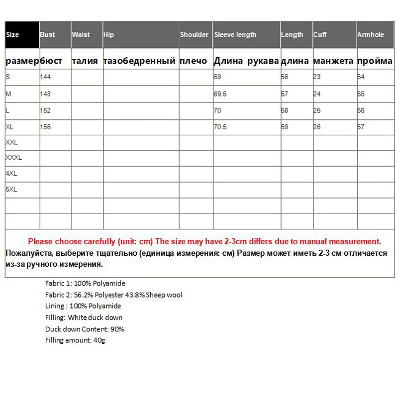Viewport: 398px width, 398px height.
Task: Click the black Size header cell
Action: (x=22, y=35)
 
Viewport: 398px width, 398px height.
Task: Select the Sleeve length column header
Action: (x=235, y=35)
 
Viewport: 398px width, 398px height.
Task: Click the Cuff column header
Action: (x=320, y=35)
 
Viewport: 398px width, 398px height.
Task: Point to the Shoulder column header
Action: (x=194, y=35)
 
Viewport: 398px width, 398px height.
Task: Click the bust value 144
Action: (x=46, y=77)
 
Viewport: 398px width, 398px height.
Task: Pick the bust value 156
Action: (x=46, y=127)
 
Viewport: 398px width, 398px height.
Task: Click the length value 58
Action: (x=285, y=110)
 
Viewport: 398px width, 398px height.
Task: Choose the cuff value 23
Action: (x=317, y=77)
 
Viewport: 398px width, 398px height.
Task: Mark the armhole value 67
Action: (x=361, y=127)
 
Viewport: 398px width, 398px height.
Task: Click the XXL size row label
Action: (x=11, y=142)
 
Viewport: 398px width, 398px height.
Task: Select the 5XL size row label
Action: (x=11, y=190)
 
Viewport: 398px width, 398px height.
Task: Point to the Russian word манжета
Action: (x=333, y=61)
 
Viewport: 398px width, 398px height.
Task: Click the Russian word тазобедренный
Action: (x=139, y=61)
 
